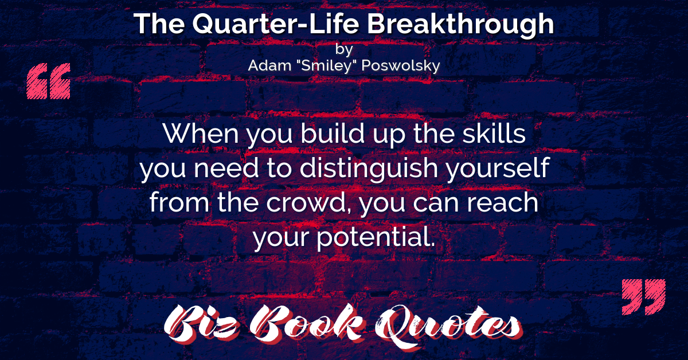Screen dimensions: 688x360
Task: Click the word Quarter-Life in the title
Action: click(276, 24)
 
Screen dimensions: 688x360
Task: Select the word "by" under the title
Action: click(344, 50)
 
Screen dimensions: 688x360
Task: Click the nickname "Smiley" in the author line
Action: click(326, 66)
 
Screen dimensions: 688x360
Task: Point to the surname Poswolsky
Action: click(401, 66)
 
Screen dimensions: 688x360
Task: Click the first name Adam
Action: click(269, 65)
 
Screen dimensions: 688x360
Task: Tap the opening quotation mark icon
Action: click(49, 81)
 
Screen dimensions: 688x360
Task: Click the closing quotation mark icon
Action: click(643, 297)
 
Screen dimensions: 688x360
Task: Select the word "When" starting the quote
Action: click(201, 134)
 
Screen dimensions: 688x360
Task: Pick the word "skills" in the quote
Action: click(494, 133)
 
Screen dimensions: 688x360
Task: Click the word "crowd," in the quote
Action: click(309, 204)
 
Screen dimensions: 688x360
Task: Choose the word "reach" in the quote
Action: click(502, 202)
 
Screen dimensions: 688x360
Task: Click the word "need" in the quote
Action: click(226, 168)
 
